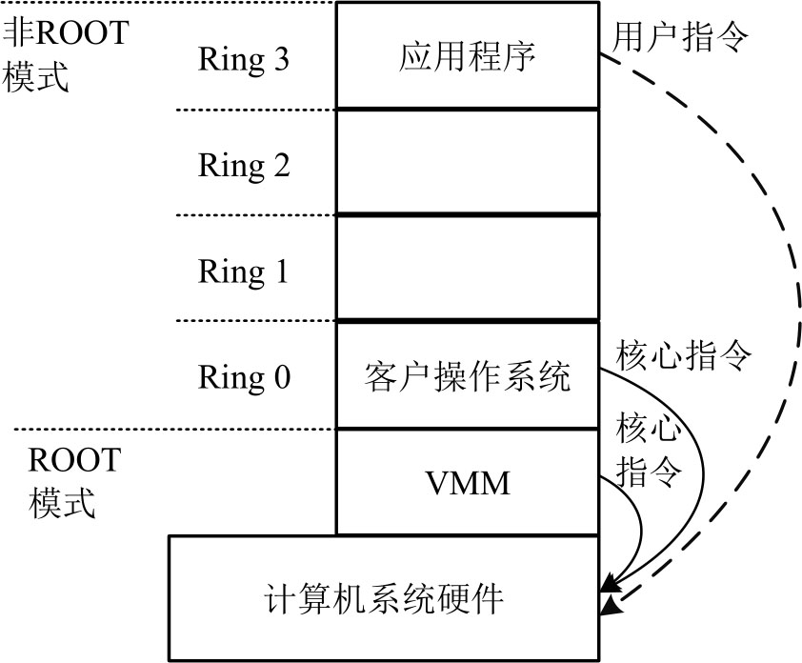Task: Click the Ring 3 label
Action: (x=243, y=59)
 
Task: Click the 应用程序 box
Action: (x=468, y=56)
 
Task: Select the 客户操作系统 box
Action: (x=468, y=377)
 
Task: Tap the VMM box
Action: (x=468, y=483)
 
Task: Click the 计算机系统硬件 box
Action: (x=383, y=599)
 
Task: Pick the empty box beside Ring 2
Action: (x=468, y=163)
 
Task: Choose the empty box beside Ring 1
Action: (x=468, y=270)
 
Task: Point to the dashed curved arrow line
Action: (x=790, y=286)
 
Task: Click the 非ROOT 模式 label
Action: (x=65, y=55)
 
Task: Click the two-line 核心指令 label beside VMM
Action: (x=650, y=448)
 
